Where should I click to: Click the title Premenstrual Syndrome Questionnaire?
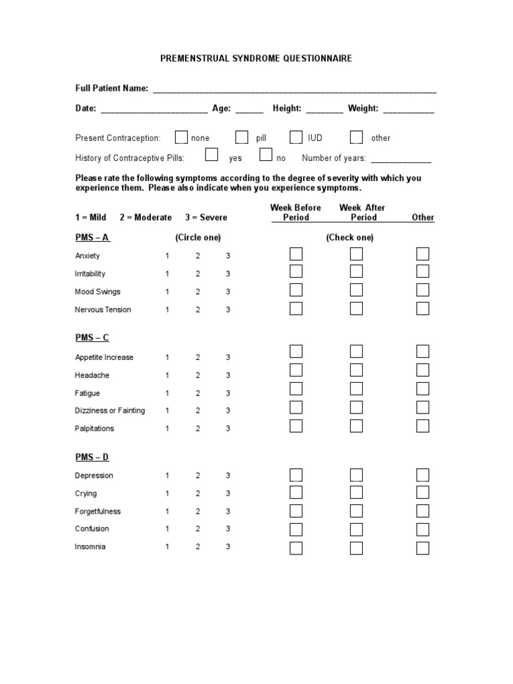(x=256, y=59)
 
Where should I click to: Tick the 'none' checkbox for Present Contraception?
(x=181, y=138)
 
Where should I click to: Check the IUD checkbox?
(x=296, y=138)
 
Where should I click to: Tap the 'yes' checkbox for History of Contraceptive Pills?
(x=212, y=156)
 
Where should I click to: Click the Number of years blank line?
(x=401, y=160)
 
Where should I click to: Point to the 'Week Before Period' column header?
(x=295, y=212)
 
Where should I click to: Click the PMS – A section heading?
(x=92, y=238)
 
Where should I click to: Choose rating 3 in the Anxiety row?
(x=228, y=256)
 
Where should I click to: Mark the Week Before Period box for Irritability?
(x=296, y=271)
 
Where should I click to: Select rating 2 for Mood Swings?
(x=198, y=292)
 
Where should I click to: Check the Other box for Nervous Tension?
(x=423, y=308)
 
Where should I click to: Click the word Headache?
(x=92, y=375)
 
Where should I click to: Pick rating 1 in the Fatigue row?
(x=168, y=393)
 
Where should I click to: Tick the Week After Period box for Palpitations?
(x=356, y=426)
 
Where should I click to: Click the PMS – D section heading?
(x=92, y=458)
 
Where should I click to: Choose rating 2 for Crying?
(x=198, y=494)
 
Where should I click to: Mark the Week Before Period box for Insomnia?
(x=296, y=548)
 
